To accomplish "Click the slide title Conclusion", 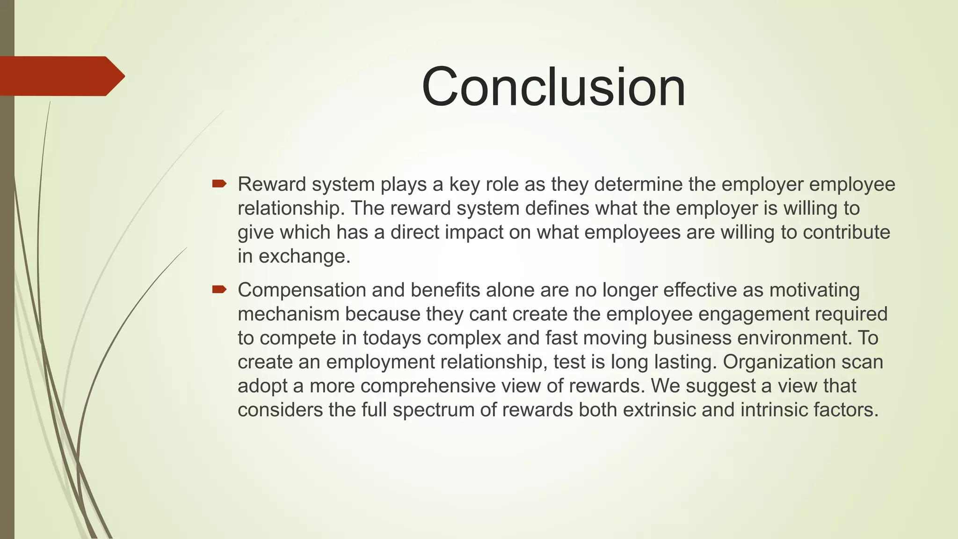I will coord(553,87).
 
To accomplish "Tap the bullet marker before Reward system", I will coord(219,184).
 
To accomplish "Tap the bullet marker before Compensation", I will coord(219,290).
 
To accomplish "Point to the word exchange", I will coord(304,256).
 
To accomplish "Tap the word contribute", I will coord(846,233).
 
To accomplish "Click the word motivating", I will coord(814,291).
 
